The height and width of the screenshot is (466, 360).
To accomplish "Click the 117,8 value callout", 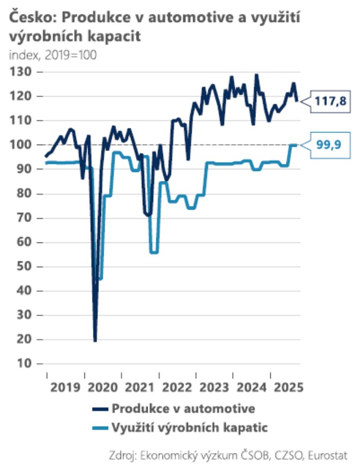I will click(x=329, y=102).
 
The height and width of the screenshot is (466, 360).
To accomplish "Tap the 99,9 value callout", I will click(x=329, y=145).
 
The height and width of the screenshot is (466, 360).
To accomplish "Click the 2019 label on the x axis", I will click(x=66, y=387).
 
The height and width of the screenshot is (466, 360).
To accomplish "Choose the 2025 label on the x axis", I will click(x=286, y=387).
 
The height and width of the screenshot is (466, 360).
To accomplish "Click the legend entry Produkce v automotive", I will click(x=183, y=408).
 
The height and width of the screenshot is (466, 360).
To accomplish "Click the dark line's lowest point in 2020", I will click(x=95, y=341).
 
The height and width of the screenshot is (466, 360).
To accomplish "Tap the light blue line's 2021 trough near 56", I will click(x=154, y=252).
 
